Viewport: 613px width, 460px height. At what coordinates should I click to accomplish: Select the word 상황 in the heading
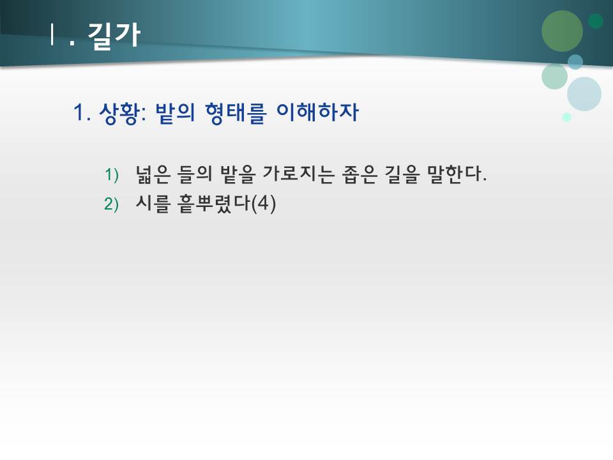(121, 114)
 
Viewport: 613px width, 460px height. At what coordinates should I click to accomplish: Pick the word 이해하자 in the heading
(317, 114)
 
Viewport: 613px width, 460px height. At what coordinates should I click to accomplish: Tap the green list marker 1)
(112, 174)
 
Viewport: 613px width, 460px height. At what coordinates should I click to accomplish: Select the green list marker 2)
(112, 204)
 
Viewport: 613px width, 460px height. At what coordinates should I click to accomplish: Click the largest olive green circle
(562, 31)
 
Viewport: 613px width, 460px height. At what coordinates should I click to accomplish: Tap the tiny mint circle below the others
(566, 117)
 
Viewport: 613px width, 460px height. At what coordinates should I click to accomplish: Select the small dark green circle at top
(596, 21)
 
